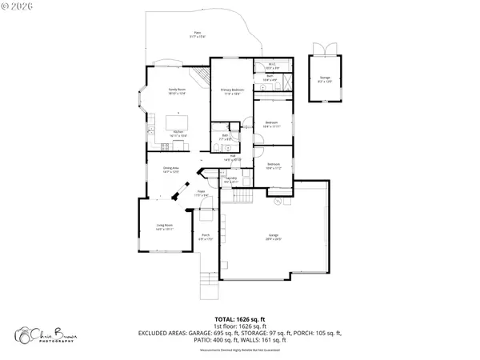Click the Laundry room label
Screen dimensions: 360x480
tap(230, 180)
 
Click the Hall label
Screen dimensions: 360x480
tap(236, 158)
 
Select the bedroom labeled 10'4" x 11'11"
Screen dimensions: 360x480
tap(271, 124)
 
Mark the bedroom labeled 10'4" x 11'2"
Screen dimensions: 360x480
tap(271, 166)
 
